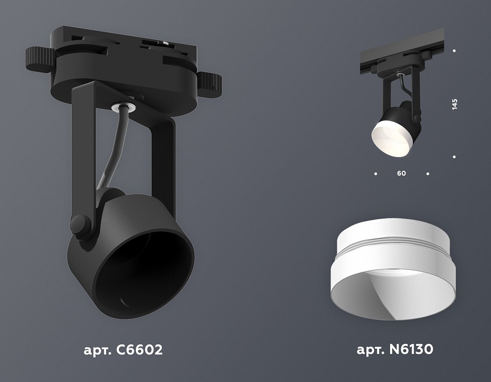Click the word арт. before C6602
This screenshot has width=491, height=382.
pyautogui.click(x=95, y=350)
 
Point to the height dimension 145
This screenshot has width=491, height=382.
pyautogui.click(x=454, y=103)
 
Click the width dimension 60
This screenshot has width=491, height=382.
pyautogui.click(x=401, y=173)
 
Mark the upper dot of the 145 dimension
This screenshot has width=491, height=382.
pyautogui.click(x=454, y=51)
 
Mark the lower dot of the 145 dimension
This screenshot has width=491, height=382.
pyautogui.click(x=454, y=157)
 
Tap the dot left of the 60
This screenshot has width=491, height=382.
pyautogui.click(x=376, y=173)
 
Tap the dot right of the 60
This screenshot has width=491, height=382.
pyautogui.click(x=428, y=173)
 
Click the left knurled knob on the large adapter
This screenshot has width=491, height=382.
pyautogui.click(x=38, y=59)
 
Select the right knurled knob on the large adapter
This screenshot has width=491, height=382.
pyautogui.click(x=211, y=82)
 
